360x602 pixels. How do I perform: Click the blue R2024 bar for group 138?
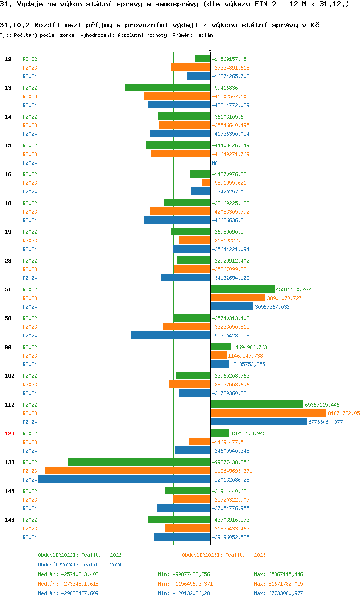tap(124, 480)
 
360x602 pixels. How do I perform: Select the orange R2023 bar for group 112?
tap(268, 413)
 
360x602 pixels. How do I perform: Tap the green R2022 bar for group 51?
tap(242, 289)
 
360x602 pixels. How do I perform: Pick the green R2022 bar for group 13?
tap(168, 88)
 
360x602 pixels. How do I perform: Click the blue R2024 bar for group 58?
tap(170, 336)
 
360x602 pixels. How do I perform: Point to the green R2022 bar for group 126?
tap(220, 433)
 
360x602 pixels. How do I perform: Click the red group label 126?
tap(10, 433)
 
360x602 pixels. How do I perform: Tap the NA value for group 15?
tap(215, 163)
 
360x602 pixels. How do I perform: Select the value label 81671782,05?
tap(344, 413)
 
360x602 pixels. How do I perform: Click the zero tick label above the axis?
tap(210, 50)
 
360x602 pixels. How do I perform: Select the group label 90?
tap(8, 347)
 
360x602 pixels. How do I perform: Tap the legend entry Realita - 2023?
tap(224, 555)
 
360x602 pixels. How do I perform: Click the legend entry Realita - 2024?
tap(80, 565)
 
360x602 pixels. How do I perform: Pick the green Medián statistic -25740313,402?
tap(68, 574)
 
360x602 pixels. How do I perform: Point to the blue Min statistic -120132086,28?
tap(185, 593)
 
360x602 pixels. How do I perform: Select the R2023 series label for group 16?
tap(30, 183)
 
